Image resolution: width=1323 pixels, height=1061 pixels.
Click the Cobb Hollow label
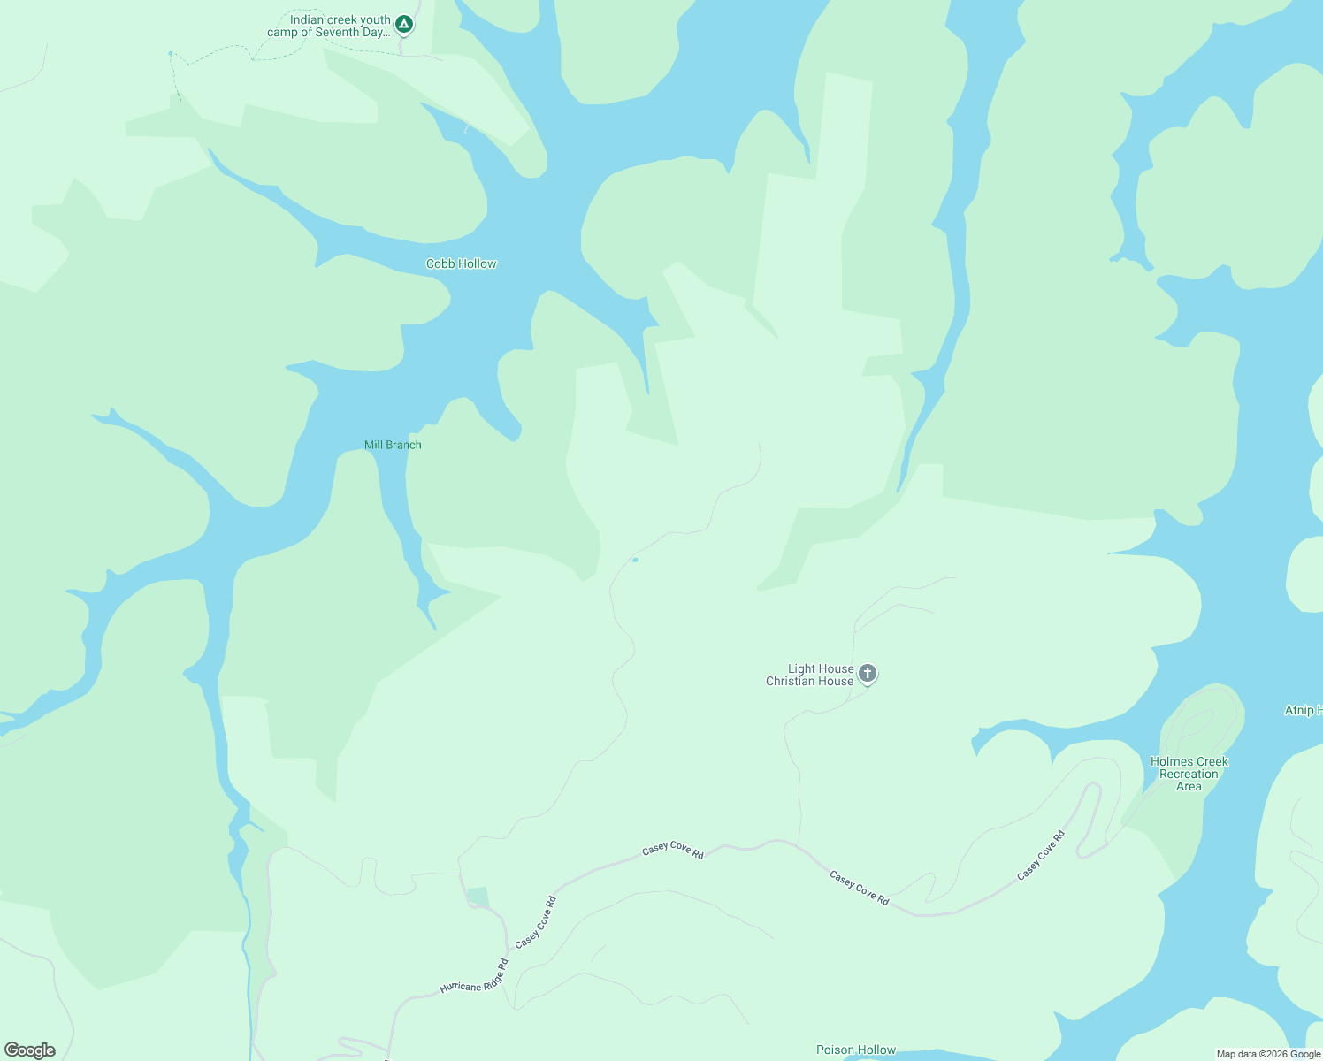pyautogui.click(x=461, y=263)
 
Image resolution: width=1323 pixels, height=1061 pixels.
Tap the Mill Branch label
pyautogui.click(x=393, y=445)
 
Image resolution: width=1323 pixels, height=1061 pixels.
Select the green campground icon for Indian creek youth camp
pyautogui.click(x=404, y=24)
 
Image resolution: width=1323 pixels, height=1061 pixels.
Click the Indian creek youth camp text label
pyautogui.click(x=329, y=27)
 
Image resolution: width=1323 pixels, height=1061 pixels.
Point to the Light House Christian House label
pyautogui.click(x=810, y=675)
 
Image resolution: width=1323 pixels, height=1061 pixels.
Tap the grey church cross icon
pyautogui.click(x=868, y=674)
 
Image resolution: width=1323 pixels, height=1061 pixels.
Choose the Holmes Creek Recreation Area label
pyautogui.click(x=1189, y=774)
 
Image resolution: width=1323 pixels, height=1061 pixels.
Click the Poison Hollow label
pyautogui.click(x=855, y=1050)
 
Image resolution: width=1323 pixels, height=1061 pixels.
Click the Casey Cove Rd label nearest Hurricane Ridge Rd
pyautogui.click(x=536, y=923)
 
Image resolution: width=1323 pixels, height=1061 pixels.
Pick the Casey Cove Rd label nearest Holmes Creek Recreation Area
pyautogui.click(x=1041, y=855)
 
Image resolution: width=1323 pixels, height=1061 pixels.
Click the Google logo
pyautogui.click(x=30, y=1050)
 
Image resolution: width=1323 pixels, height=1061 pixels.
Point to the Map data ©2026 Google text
pyautogui.click(x=1268, y=1054)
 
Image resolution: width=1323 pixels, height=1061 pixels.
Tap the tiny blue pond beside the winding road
pyautogui.click(x=635, y=560)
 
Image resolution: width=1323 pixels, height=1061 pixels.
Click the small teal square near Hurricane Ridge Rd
pyautogui.click(x=478, y=897)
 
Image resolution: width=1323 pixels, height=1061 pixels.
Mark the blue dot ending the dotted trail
pyautogui.click(x=171, y=54)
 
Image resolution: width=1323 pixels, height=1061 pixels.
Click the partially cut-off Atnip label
pyautogui.click(x=1303, y=710)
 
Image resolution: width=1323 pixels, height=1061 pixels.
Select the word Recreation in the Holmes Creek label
pyautogui.click(x=1189, y=774)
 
